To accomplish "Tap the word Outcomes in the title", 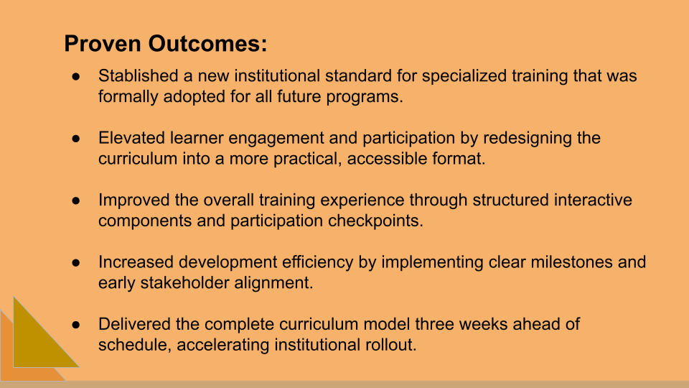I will (x=208, y=44).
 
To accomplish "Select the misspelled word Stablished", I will (x=138, y=75).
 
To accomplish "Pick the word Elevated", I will (x=130, y=138).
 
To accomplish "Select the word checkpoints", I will (x=376, y=221).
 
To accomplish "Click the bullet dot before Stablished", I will (x=77, y=75).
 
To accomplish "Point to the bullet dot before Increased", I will (x=77, y=262).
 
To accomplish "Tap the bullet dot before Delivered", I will (x=77, y=324).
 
